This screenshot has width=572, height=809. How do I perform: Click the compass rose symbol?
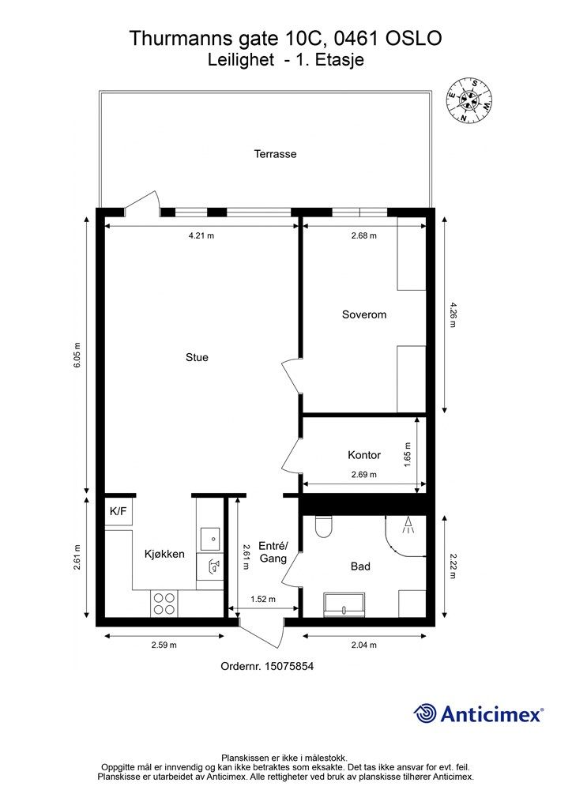pyautogui.click(x=469, y=102)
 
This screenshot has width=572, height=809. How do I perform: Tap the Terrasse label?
pyautogui.click(x=276, y=154)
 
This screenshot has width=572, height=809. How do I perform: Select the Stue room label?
pyautogui.click(x=197, y=357)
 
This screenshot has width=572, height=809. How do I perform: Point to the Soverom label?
pyautogui.click(x=364, y=314)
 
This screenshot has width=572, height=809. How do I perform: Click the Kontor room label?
pyautogui.click(x=364, y=454)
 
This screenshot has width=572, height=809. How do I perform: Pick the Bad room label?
pyautogui.click(x=360, y=566)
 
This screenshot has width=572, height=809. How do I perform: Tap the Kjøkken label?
pyautogui.click(x=164, y=554)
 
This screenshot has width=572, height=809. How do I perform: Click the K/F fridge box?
pyautogui.click(x=119, y=511)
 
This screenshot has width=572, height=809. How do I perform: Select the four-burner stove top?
pyautogui.click(x=164, y=604)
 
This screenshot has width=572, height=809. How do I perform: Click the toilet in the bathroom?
pyautogui.click(x=323, y=525)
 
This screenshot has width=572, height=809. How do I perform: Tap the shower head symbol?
pyautogui.click(x=408, y=525)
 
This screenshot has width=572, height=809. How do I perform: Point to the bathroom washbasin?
pyautogui.click(x=344, y=604)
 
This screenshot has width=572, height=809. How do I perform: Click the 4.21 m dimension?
pyautogui.click(x=201, y=235)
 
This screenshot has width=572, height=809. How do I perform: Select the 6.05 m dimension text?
pyautogui.click(x=77, y=355)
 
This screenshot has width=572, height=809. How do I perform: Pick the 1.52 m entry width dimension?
pyautogui.click(x=263, y=599)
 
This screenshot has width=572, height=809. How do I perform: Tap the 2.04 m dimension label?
pyautogui.click(x=364, y=645)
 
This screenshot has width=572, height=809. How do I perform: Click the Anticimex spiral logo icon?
pyautogui.click(x=424, y=714)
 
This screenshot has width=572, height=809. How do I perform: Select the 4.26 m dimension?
pyautogui.click(x=453, y=314)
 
